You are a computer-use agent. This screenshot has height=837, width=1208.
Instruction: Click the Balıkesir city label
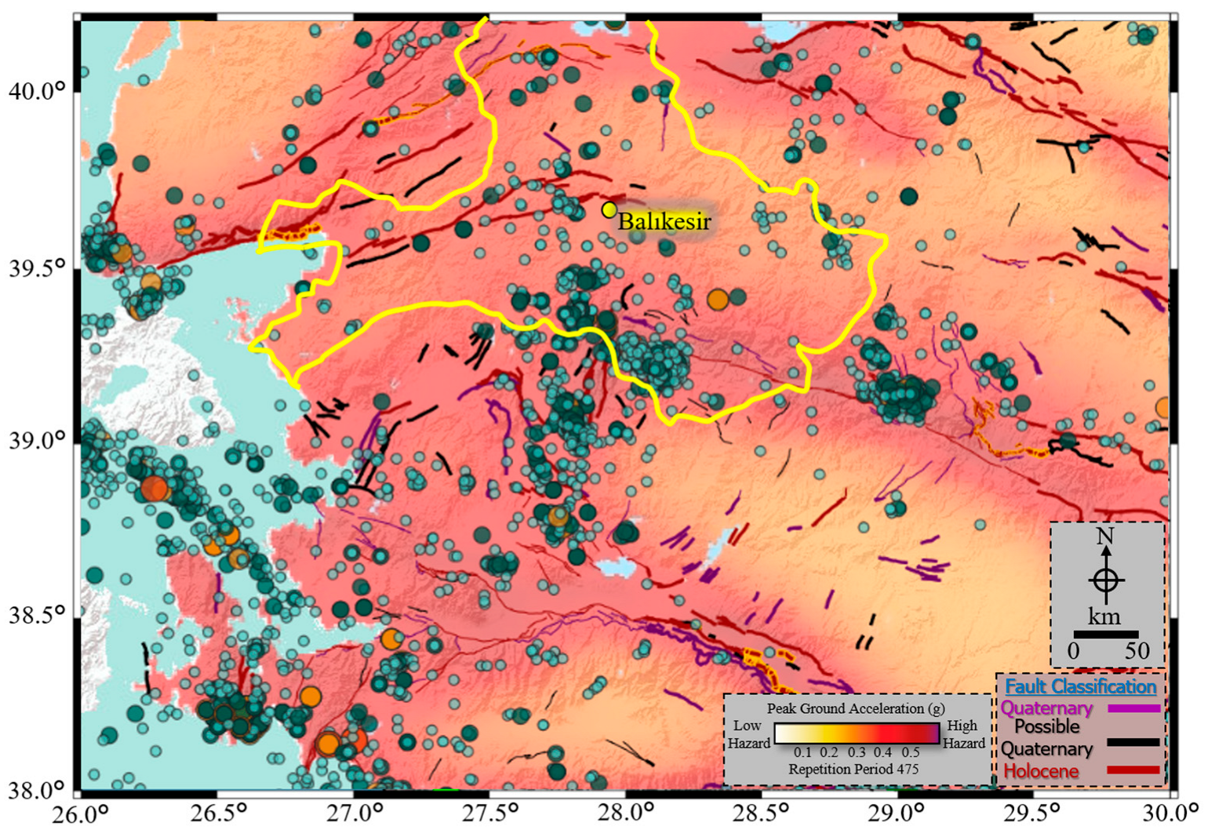tap(664, 221)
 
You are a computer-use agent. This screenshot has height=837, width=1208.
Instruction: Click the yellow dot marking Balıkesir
tap(609, 209)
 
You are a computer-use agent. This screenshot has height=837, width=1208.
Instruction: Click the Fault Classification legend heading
tap(1080, 686)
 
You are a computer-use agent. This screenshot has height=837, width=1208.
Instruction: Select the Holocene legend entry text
tap(1041, 771)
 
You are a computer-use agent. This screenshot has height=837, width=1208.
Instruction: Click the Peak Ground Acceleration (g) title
tap(856, 708)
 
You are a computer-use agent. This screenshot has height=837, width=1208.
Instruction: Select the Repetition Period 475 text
tap(853, 770)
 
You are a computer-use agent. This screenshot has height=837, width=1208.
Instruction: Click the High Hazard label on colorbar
tap(963, 734)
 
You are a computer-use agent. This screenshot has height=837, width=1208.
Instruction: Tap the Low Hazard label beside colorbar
tap(748, 734)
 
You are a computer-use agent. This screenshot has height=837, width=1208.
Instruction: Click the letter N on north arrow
tap(1105, 537)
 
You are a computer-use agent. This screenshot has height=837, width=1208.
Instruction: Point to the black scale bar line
tap(1105, 634)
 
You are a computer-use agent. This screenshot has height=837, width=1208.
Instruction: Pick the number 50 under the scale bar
tap(1137, 651)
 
